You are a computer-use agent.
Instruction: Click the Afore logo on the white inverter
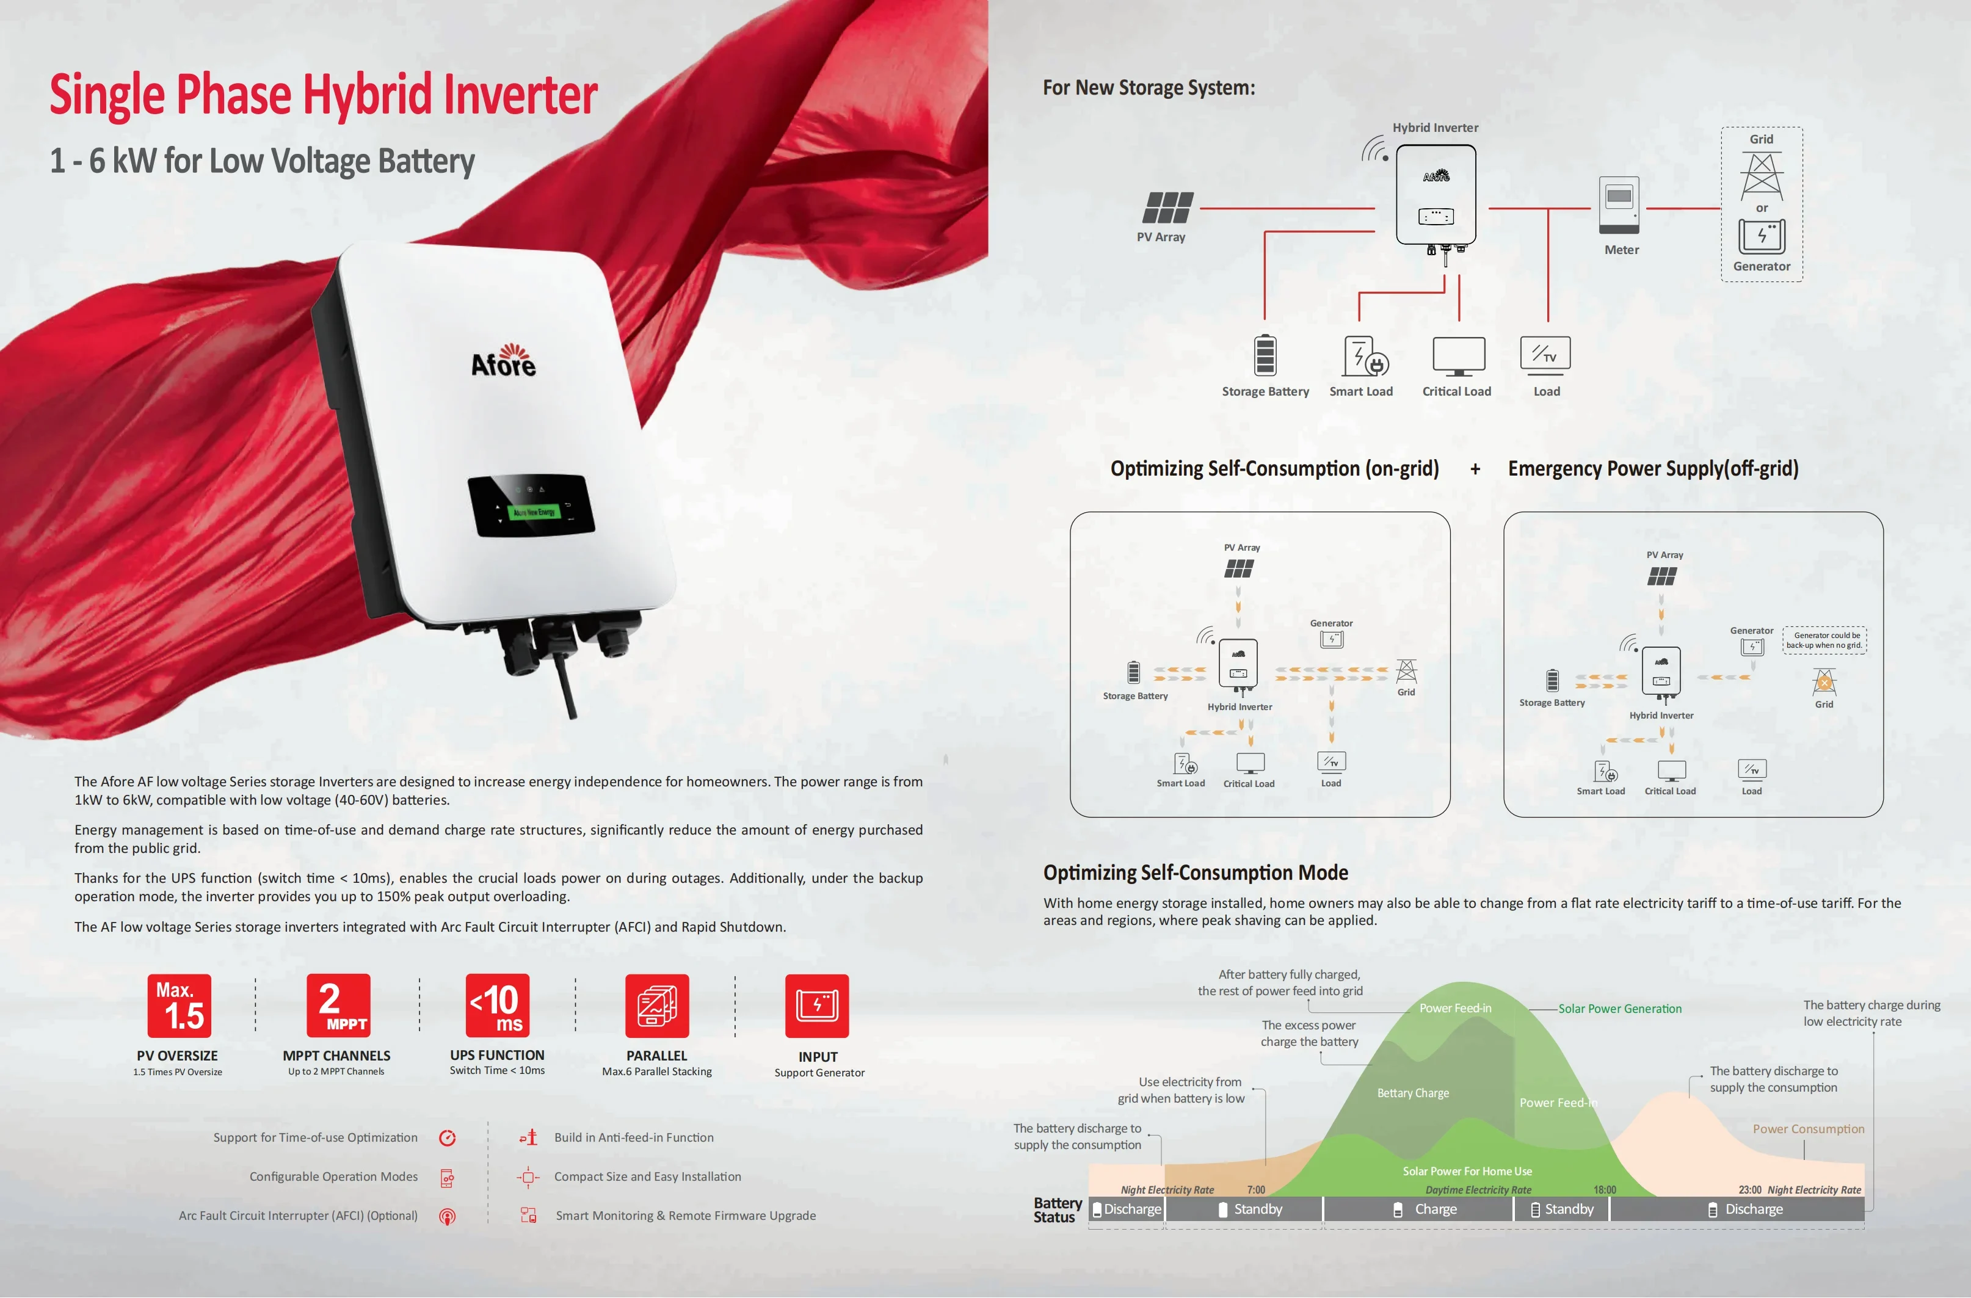(x=504, y=361)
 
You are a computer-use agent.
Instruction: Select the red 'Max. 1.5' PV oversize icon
(x=179, y=1006)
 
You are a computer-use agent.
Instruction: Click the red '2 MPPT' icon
(x=338, y=1006)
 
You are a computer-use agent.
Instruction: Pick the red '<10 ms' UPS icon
(x=497, y=1006)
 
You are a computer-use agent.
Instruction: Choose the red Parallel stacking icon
(x=657, y=1006)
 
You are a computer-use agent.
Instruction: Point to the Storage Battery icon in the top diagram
(x=1265, y=355)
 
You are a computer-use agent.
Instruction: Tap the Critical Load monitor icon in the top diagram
(x=1458, y=355)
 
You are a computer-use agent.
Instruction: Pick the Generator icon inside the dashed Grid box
(x=1762, y=236)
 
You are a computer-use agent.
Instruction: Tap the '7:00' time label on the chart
(x=1255, y=1189)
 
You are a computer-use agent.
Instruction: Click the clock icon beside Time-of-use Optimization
(x=447, y=1137)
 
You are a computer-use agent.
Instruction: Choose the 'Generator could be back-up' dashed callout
(x=1824, y=640)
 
